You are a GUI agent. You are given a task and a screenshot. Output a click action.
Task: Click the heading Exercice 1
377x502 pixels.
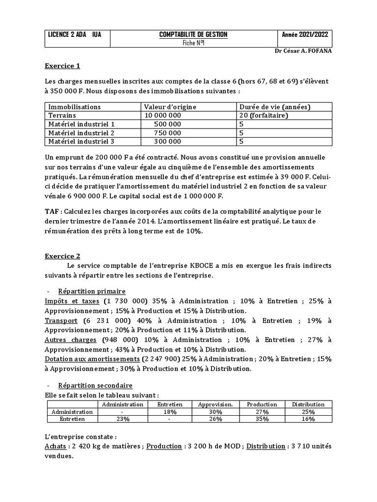[x=62, y=66]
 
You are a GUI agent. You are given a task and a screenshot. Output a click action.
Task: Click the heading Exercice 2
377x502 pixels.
[x=62, y=256]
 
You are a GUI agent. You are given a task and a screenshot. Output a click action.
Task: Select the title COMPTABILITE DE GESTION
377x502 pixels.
[x=193, y=34]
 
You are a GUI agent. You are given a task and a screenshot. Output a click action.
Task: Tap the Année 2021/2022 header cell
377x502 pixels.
[x=305, y=34]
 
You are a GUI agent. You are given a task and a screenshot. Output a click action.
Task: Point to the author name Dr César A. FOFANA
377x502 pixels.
[x=303, y=51]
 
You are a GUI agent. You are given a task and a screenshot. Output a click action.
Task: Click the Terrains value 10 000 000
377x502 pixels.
[x=162, y=115]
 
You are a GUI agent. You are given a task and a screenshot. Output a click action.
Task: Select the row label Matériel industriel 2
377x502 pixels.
[x=81, y=133]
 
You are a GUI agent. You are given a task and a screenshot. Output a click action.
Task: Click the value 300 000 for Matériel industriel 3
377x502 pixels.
[x=167, y=142]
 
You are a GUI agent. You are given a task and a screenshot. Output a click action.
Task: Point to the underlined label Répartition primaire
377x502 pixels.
[x=92, y=291]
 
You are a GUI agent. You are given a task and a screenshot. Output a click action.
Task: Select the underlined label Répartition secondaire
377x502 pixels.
[x=95, y=386]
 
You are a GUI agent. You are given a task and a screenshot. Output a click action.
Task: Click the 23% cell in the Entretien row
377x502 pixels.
[x=122, y=419]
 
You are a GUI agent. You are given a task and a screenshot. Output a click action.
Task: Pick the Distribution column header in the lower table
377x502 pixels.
[x=308, y=404]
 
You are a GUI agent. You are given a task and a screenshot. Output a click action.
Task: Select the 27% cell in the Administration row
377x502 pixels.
[x=262, y=412]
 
